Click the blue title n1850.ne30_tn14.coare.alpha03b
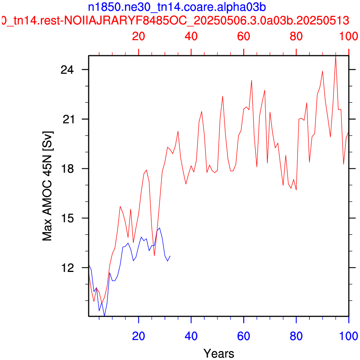(x=177, y=7)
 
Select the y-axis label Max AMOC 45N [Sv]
(x=47, y=186)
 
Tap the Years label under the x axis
(x=219, y=353)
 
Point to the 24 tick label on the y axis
(x=67, y=70)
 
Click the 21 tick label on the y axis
(x=68, y=119)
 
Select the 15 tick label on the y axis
(x=68, y=218)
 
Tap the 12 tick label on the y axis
(x=68, y=268)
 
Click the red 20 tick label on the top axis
(x=138, y=36)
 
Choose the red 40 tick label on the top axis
(x=191, y=36)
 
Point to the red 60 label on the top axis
(x=244, y=36)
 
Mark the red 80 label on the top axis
(x=296, y=36)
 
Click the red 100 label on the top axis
(x=348, y=36)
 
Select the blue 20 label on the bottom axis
(x=138, y=336)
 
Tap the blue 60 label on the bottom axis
(x=244, y=336)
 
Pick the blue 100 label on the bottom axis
(x=348, y=336)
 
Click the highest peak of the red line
(x=336, y=56)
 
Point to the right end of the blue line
(x=170, y=256)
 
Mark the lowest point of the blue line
(x=104, y=316)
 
